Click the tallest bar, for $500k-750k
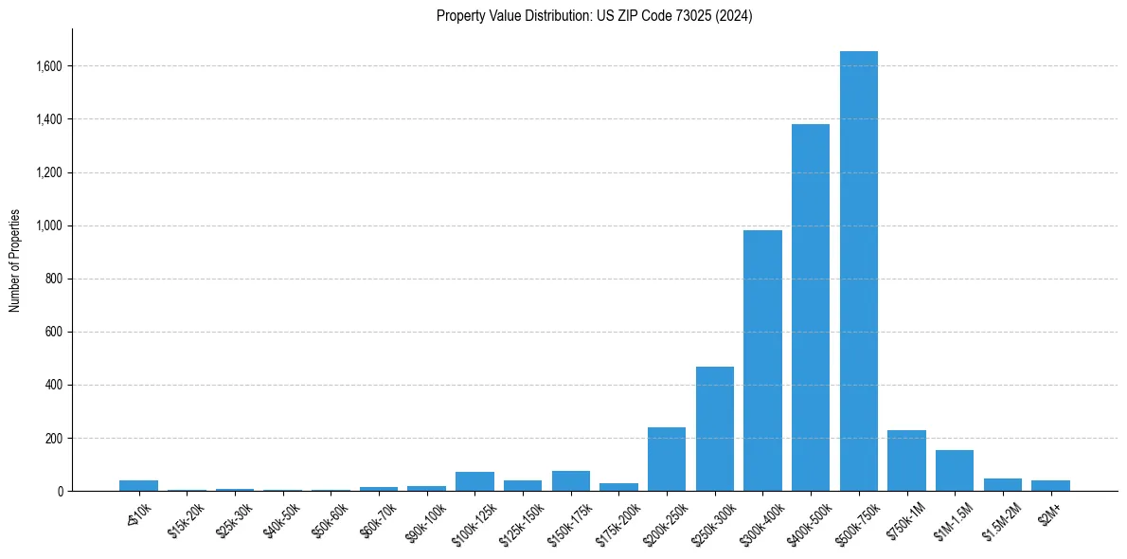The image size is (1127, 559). [x=858, y=271]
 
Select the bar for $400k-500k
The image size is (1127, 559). [x=811, y=308]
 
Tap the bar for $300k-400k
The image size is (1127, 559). [x=762, y=361]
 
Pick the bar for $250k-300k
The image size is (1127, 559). [x=715, y=428]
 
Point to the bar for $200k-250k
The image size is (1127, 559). [x=667, y=460]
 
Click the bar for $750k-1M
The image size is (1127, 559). [x=906, y=460]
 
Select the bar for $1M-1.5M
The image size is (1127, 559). [x=955, y=471]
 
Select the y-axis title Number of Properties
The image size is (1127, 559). [x=14, y=260]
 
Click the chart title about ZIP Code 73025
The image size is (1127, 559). [x=595, y=16]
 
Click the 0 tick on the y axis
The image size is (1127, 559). [x=59, y=491]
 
